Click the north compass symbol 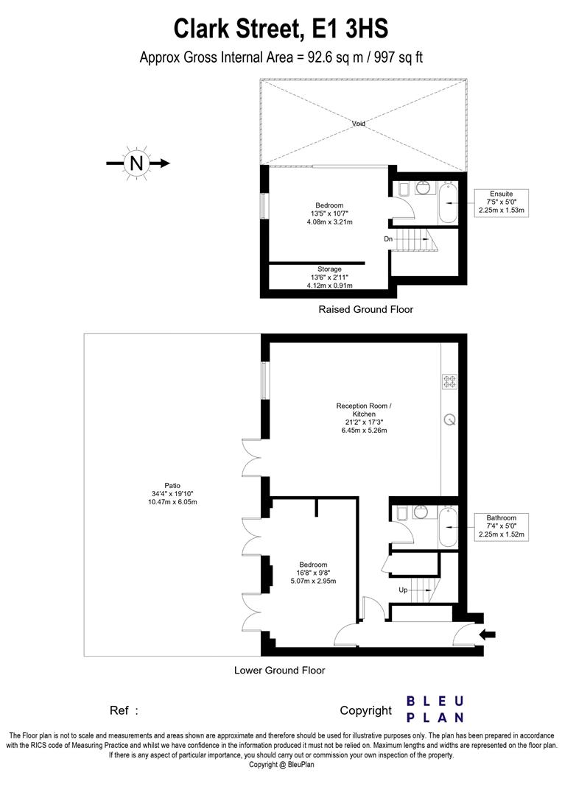tap(137, 163)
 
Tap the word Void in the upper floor tap(358, 123)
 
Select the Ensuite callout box tap(501, 203)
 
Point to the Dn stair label tap(388, 239)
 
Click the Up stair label tap(403, 590)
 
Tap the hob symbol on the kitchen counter tap(450, 381)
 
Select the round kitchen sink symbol tap(449, 420)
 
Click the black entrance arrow tap(488, 634)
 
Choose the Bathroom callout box tap(501, 527)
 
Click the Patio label tap(172, 486)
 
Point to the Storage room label tap(329, 269)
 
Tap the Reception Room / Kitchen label tap(364, 410)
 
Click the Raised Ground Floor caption tap(366, 309)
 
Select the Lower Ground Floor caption tap(279, 671)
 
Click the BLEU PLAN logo tap(436, 710)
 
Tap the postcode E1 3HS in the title tap(350, 29)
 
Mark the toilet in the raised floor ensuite tap(403, 190)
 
